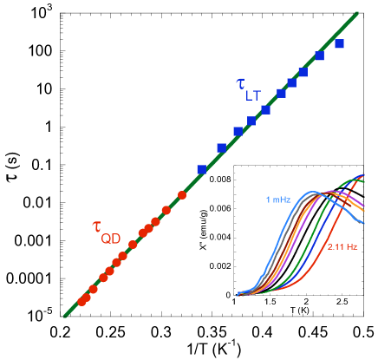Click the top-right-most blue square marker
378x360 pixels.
pos(339,43)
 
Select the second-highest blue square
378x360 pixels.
pos(319,56)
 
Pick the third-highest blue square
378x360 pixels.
pos(303,73)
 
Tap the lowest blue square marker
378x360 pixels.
pos(201,170)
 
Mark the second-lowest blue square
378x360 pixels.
pos(221,148)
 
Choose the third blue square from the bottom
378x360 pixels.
pos(238,132)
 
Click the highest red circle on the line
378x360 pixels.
pos(182,194)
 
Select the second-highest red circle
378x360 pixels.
pos(165,210)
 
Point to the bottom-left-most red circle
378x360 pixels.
pos(81,302)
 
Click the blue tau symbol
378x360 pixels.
pos(240,83)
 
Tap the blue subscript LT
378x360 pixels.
pos(252,95)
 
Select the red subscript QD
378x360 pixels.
pos(111,239)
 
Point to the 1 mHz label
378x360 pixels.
pos(278,200)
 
